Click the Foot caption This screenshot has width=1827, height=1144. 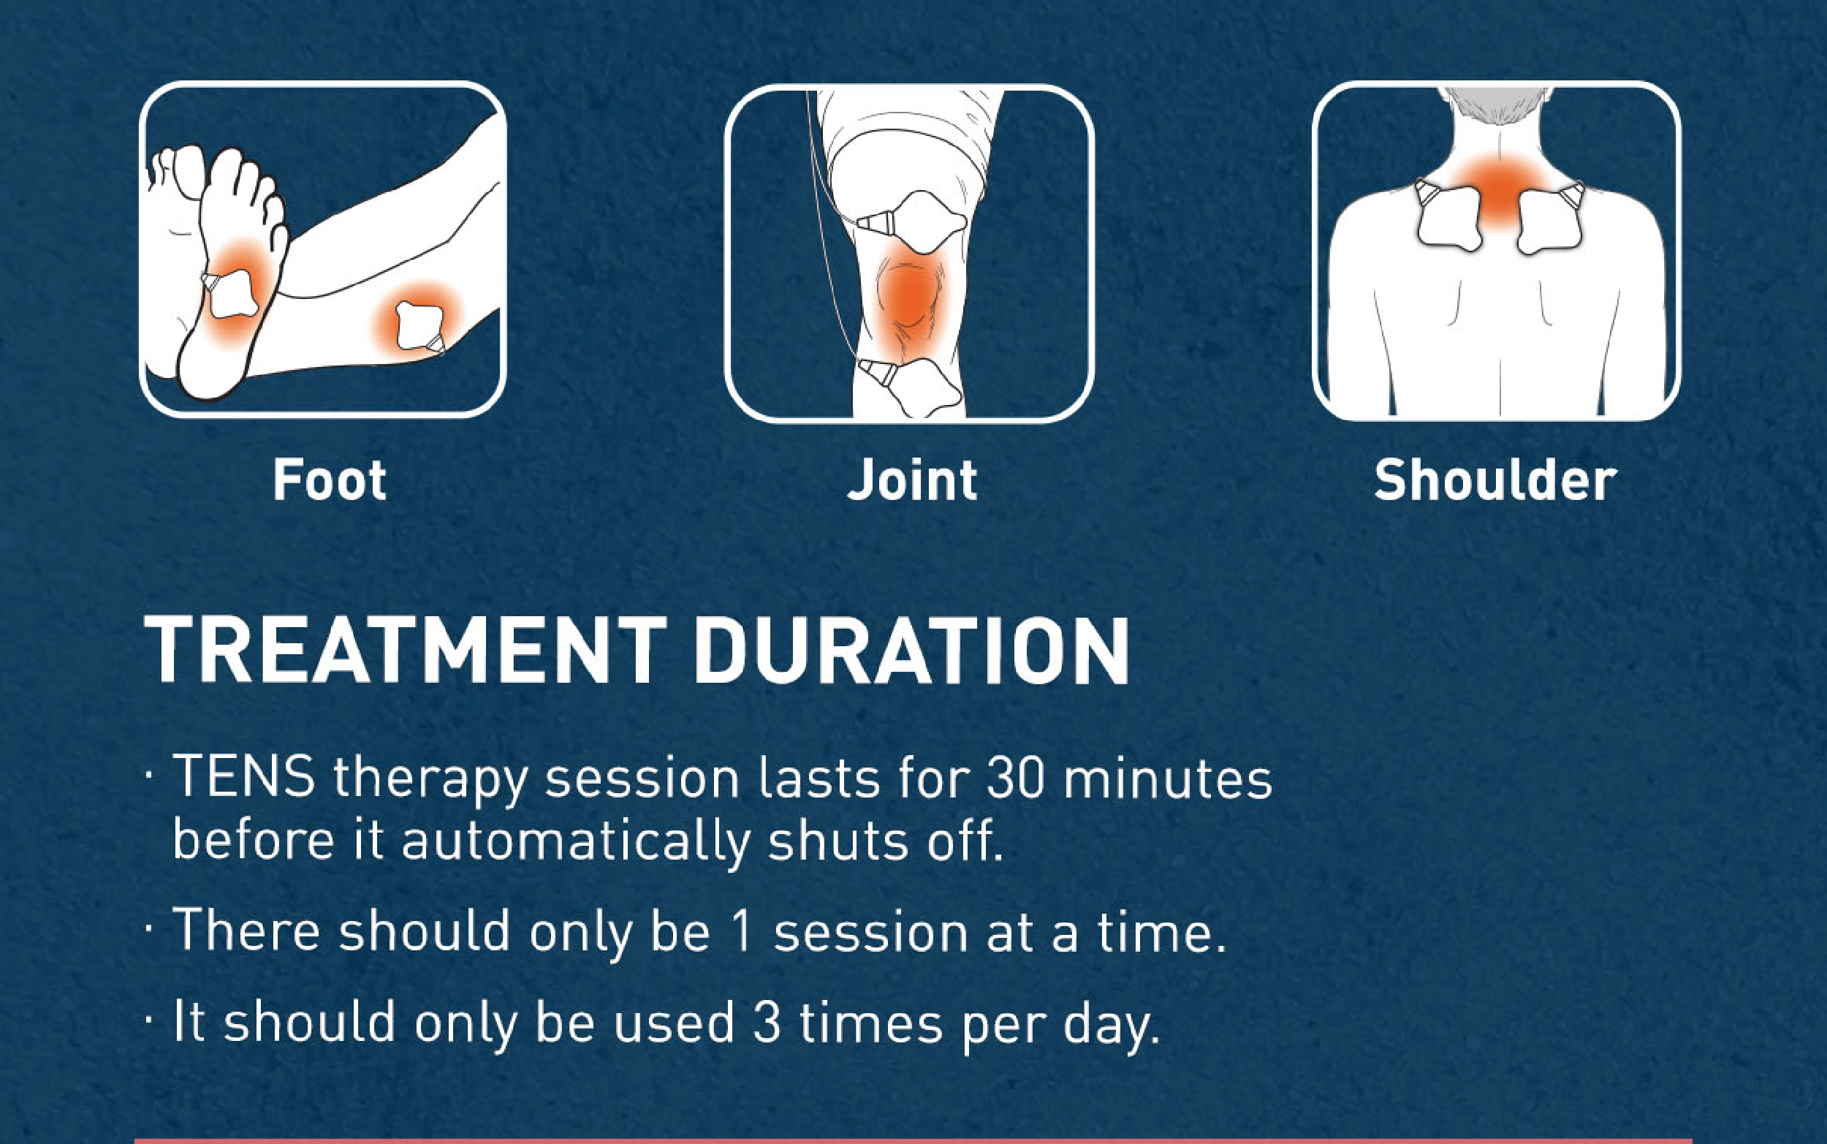[330, 480]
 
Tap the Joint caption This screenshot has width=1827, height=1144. [913, 480]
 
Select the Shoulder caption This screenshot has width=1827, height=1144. [1495, 480]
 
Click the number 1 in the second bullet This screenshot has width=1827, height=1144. [743, 931]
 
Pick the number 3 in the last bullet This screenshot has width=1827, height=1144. [767, 1023]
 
